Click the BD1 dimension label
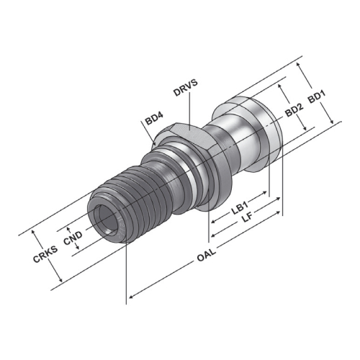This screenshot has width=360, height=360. [x=317, y=96]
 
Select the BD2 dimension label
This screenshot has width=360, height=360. [x=294, y=110]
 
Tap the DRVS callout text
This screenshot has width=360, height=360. [x=186, y=87]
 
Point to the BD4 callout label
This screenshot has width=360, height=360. [x=154, y=119]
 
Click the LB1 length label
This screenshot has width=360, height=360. [x=239, y=208]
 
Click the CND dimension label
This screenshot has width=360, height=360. [x=73, y=238]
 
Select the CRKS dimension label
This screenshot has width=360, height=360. [x=45, y=254]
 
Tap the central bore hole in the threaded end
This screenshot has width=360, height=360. [x=106, y=219]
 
